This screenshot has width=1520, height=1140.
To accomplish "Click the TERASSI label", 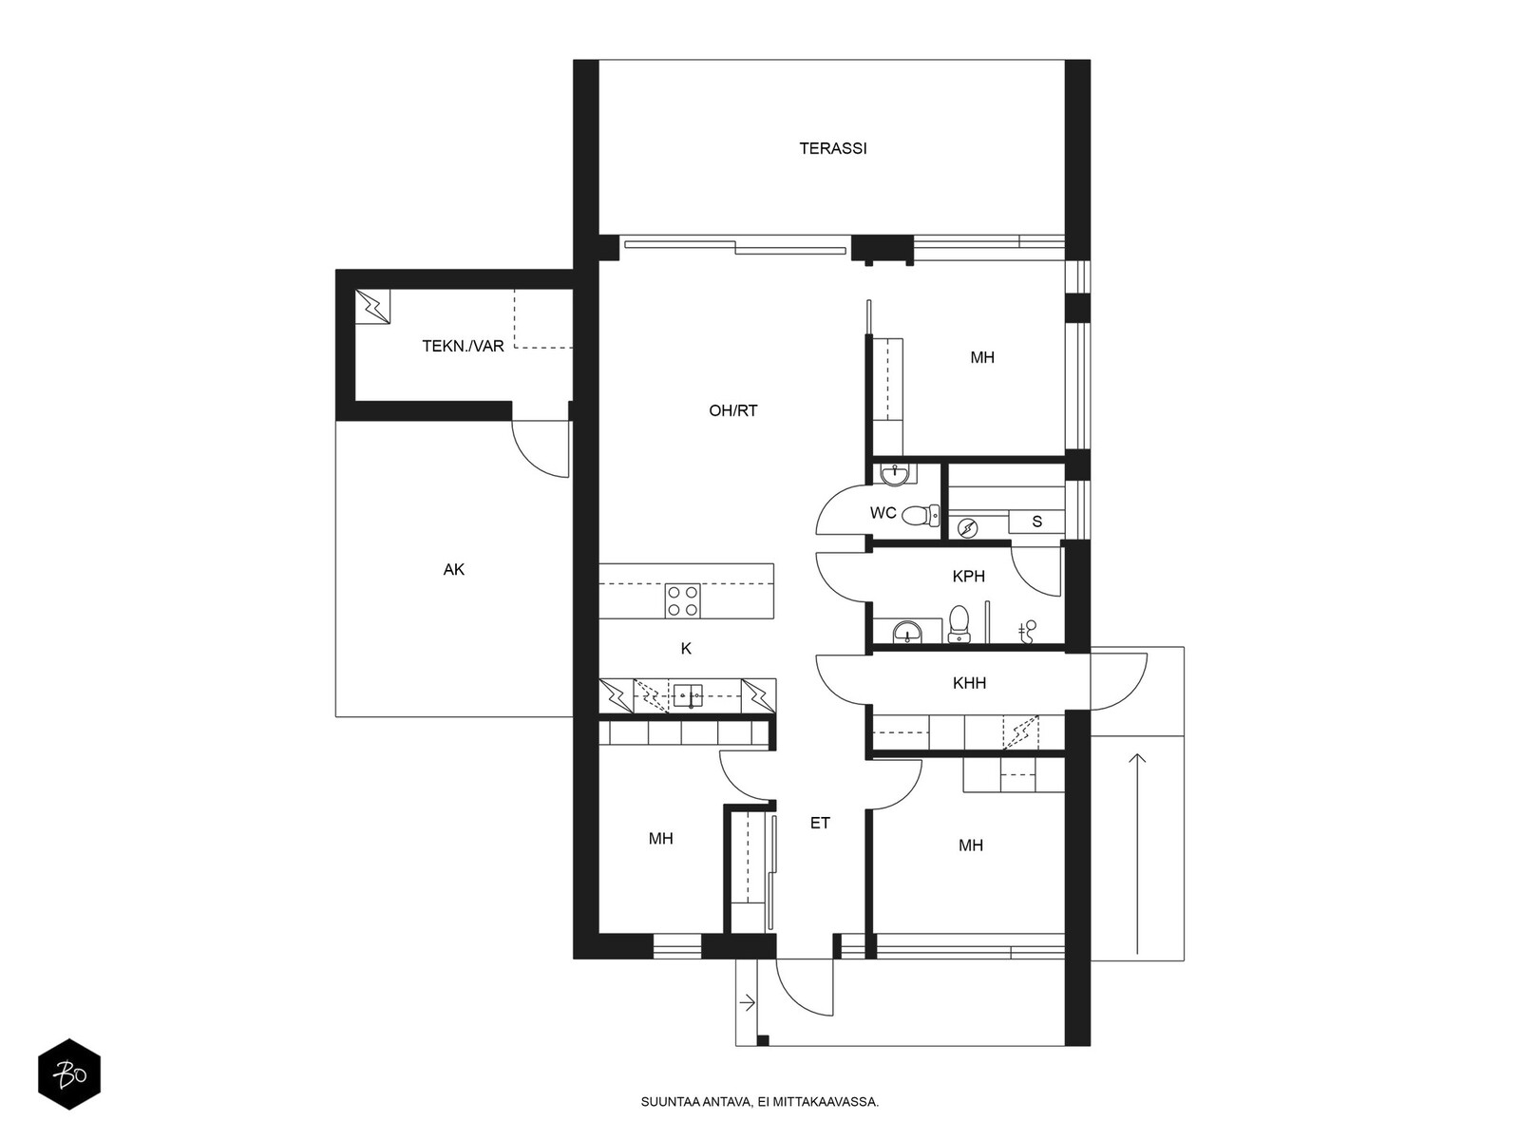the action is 832,148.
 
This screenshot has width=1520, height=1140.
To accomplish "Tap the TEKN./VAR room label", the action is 463,346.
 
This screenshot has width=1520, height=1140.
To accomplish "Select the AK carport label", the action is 453,569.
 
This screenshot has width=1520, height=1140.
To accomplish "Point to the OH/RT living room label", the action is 732,410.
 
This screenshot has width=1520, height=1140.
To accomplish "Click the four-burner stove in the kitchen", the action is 683,600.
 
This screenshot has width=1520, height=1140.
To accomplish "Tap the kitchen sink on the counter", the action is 688,695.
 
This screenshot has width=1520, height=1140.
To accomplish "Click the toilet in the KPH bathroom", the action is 959,622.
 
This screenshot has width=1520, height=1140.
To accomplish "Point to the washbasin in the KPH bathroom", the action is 906,631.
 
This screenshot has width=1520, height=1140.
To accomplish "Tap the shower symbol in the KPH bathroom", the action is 1028,631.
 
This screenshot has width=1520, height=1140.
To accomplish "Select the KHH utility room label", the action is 969,683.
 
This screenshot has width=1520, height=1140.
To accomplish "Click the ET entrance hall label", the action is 820,823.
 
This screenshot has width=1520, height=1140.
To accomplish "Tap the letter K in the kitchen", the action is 686,649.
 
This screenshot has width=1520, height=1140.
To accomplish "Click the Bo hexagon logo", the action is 69,1074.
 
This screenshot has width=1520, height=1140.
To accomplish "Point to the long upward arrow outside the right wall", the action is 1136,854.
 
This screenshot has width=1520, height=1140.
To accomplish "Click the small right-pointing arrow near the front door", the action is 747,1002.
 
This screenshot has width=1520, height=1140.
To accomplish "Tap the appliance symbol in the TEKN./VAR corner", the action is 372,306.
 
